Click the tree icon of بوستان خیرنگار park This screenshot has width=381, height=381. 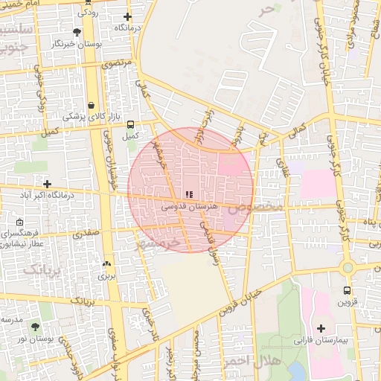[77, 32]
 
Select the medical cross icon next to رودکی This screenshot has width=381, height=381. [127, 16]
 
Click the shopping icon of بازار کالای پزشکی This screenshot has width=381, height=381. [91, 105]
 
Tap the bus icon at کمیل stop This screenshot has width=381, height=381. [131, 124]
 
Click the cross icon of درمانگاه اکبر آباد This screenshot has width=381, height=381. [48, 183]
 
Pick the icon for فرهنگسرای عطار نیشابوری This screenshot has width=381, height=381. [19, 222]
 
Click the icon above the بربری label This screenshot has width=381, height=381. [106, 263]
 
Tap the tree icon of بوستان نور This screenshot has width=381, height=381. [36, 327]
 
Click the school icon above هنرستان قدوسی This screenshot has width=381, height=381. [188, 195]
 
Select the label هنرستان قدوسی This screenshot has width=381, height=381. [188, 205]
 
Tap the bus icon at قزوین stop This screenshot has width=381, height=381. [347, 290]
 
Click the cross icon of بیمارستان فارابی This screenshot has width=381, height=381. [321, 328]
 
